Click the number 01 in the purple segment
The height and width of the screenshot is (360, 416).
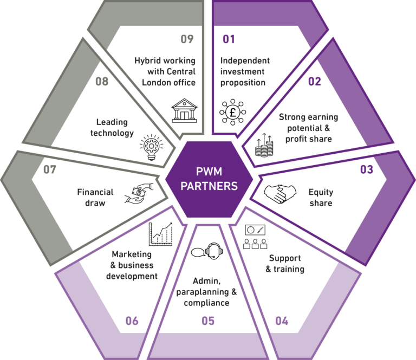point(229,39)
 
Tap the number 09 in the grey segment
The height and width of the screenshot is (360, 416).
point(187,39)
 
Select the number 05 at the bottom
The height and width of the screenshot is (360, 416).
point(208,321)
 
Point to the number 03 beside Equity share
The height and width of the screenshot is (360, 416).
point(366,169)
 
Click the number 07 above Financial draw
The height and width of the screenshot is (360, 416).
point(50,169)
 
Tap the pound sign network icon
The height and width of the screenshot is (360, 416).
point(233,112)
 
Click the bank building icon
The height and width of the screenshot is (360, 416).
point(184,110)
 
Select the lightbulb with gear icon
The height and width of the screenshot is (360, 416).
point(152,147)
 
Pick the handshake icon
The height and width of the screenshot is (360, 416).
point(280,194)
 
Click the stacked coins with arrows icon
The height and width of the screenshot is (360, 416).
point(264,145)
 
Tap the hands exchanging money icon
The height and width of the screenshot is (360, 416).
point(139,193)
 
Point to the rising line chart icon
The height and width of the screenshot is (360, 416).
point(160,234)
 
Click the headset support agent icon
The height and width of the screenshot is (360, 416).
point(207,251)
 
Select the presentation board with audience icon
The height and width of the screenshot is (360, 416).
point(255,237)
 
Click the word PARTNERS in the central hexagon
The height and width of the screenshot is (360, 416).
point(209,186)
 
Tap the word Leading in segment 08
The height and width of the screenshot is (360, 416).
point(112,122)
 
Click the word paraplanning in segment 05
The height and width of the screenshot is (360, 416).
point(203,292)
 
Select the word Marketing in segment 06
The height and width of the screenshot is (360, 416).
point(132,254)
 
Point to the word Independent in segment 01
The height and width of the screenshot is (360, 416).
point(245,61)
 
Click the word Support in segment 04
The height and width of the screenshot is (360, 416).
point(285,258)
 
